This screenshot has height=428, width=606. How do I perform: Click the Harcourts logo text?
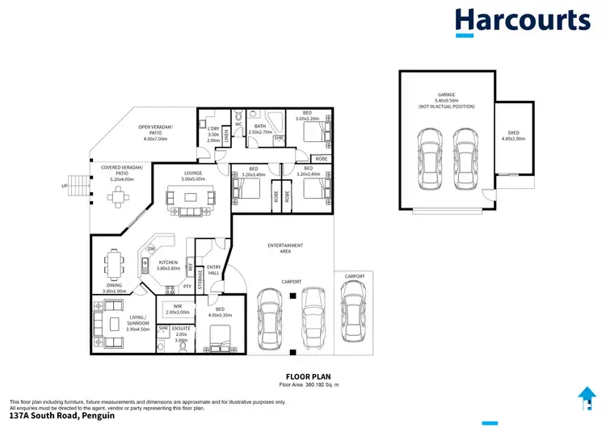(522, 20)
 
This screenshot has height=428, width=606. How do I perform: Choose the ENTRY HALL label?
(213, 270)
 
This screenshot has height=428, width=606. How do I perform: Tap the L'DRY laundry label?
(213, 132)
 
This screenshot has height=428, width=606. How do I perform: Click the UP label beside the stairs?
(64, 185)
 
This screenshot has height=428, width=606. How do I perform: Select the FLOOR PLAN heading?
(305, 376)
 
